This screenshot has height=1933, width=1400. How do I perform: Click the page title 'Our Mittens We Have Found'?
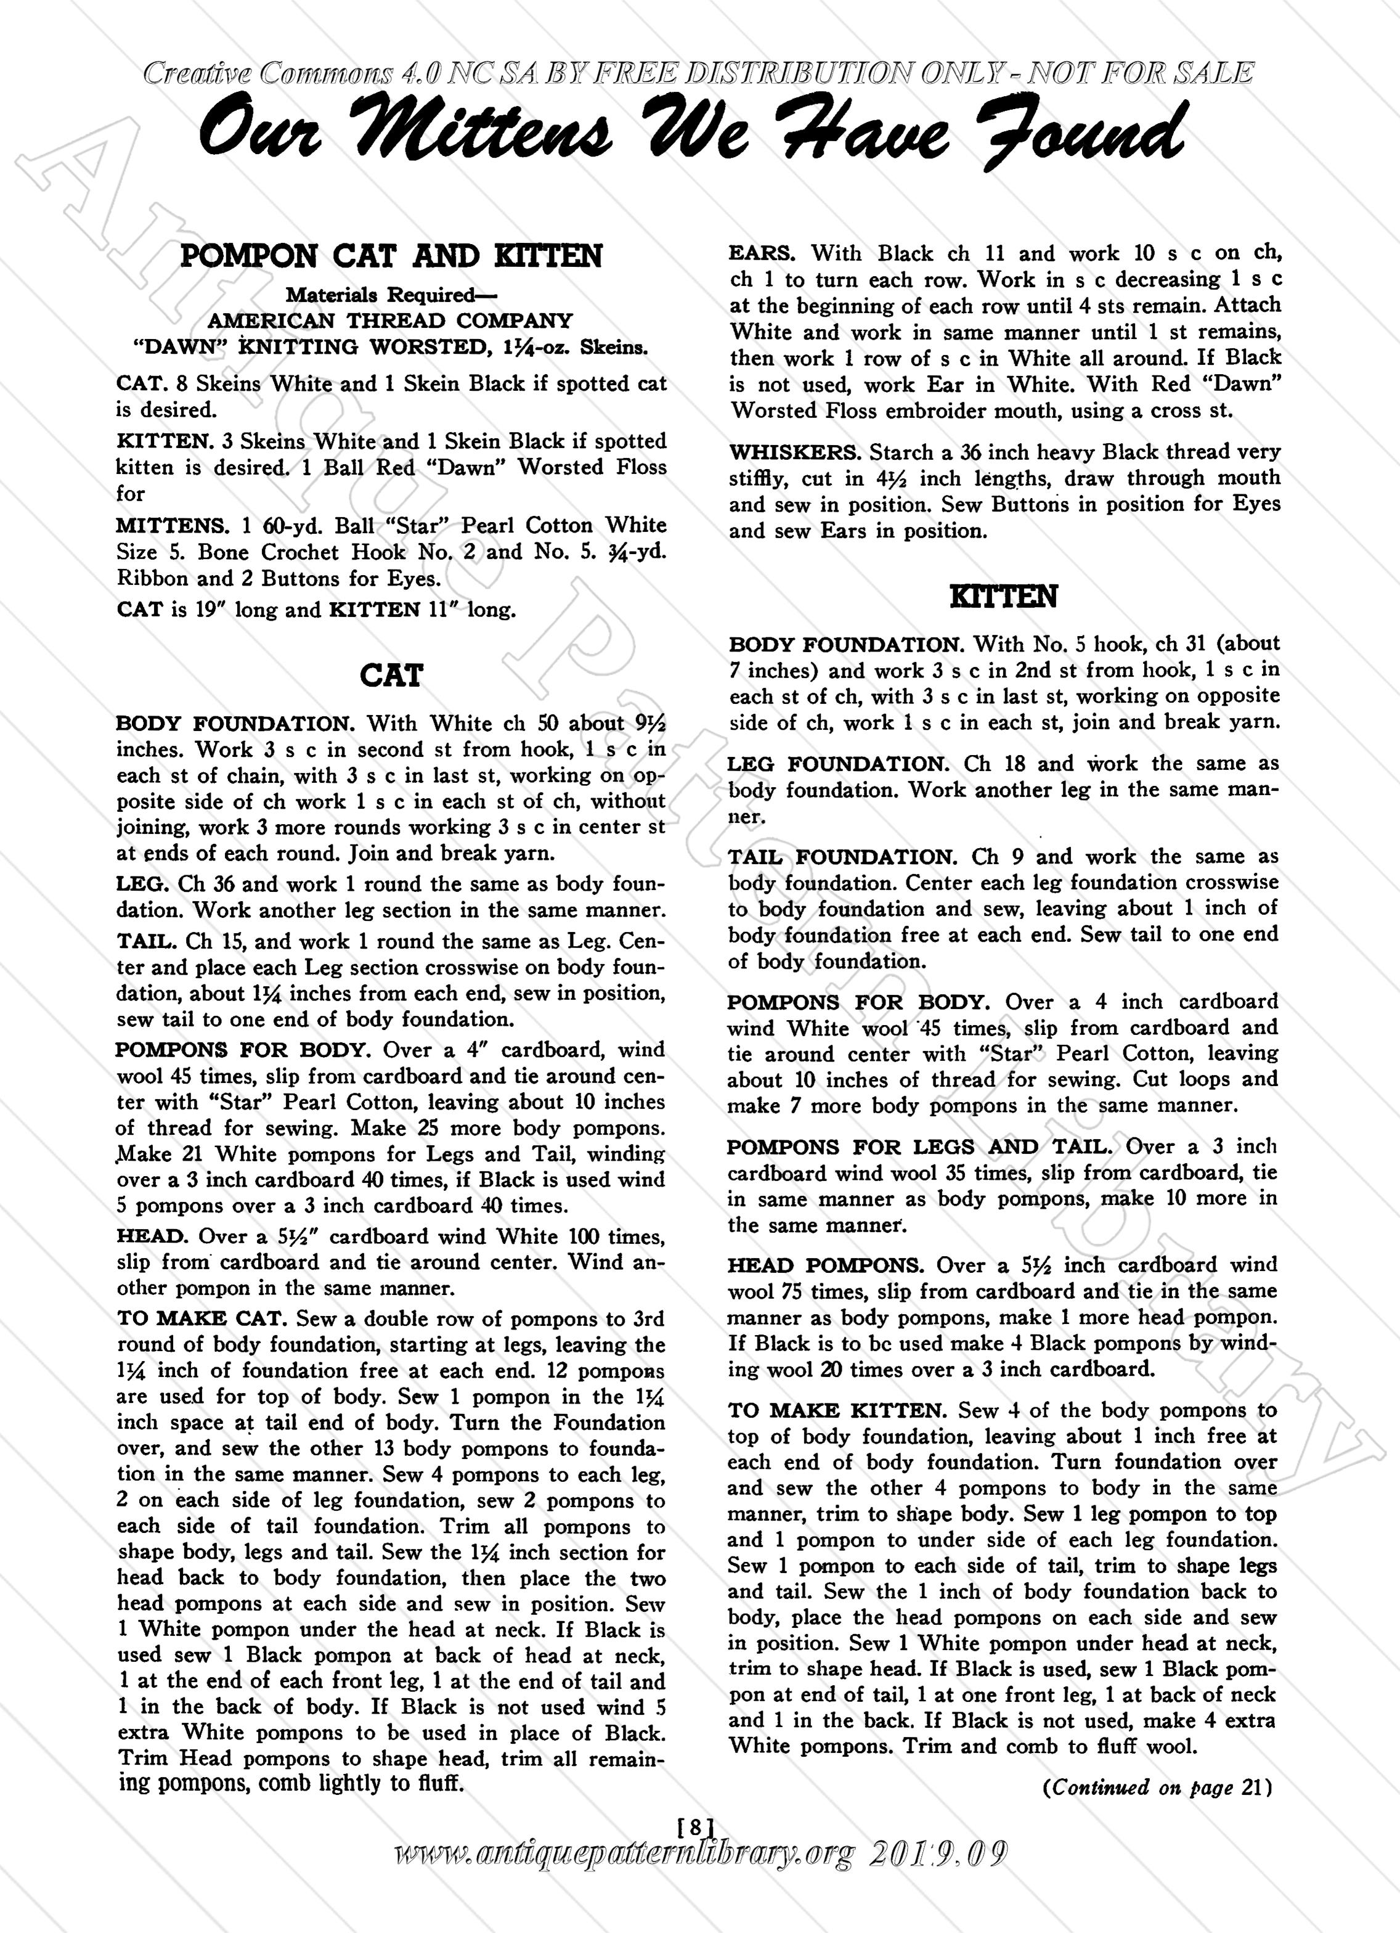click(x=690, y=134)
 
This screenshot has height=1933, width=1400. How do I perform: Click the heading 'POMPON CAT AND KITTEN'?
click(x=391, y=256)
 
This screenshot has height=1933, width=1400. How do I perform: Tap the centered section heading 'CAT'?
click(x=391, y=676)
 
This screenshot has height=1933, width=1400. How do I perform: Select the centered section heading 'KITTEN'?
click(x=1004, y=597)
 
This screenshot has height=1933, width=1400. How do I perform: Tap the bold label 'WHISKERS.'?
click(x=794, y=452)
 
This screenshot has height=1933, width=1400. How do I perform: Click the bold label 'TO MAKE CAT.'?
click(x=203, y=1319)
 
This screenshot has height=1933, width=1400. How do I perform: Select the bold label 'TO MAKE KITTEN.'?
click(x=839, y=1410)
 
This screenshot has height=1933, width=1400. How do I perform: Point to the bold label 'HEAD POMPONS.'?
click(x=826, y=1265)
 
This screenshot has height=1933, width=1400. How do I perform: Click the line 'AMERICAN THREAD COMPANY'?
click(x=390, y=321)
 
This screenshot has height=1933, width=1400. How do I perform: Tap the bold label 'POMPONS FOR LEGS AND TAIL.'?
click(x=922, y=1147)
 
